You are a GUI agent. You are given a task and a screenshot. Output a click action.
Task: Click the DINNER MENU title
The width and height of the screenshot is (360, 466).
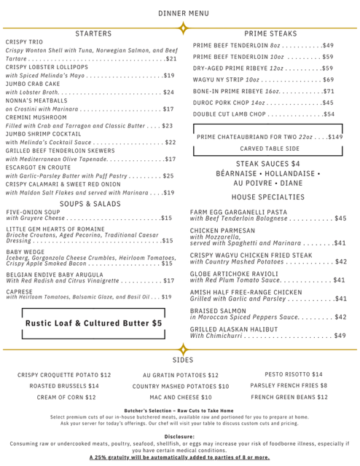179,12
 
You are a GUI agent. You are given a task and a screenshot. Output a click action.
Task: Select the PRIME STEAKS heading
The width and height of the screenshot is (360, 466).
270,33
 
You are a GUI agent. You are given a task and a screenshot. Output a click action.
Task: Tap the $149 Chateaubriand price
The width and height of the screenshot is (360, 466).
334,136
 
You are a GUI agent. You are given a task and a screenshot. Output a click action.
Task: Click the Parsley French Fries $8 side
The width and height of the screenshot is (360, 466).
289,386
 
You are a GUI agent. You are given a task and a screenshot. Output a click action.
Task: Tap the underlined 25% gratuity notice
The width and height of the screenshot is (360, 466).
179,457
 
